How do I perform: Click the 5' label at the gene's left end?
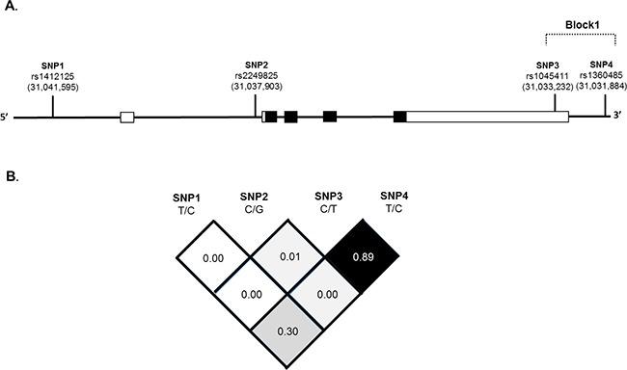7,118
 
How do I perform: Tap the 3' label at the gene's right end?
616,117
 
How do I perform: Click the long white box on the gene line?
487,117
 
